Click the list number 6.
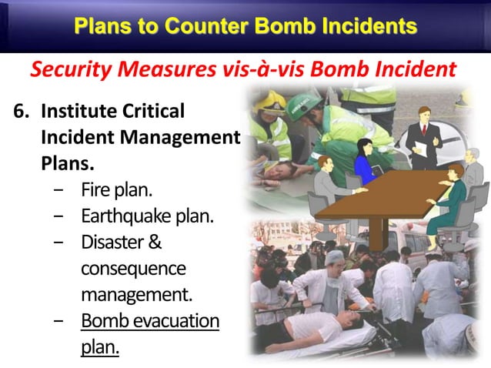coord(20,112)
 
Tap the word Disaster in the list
coord(112,243)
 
